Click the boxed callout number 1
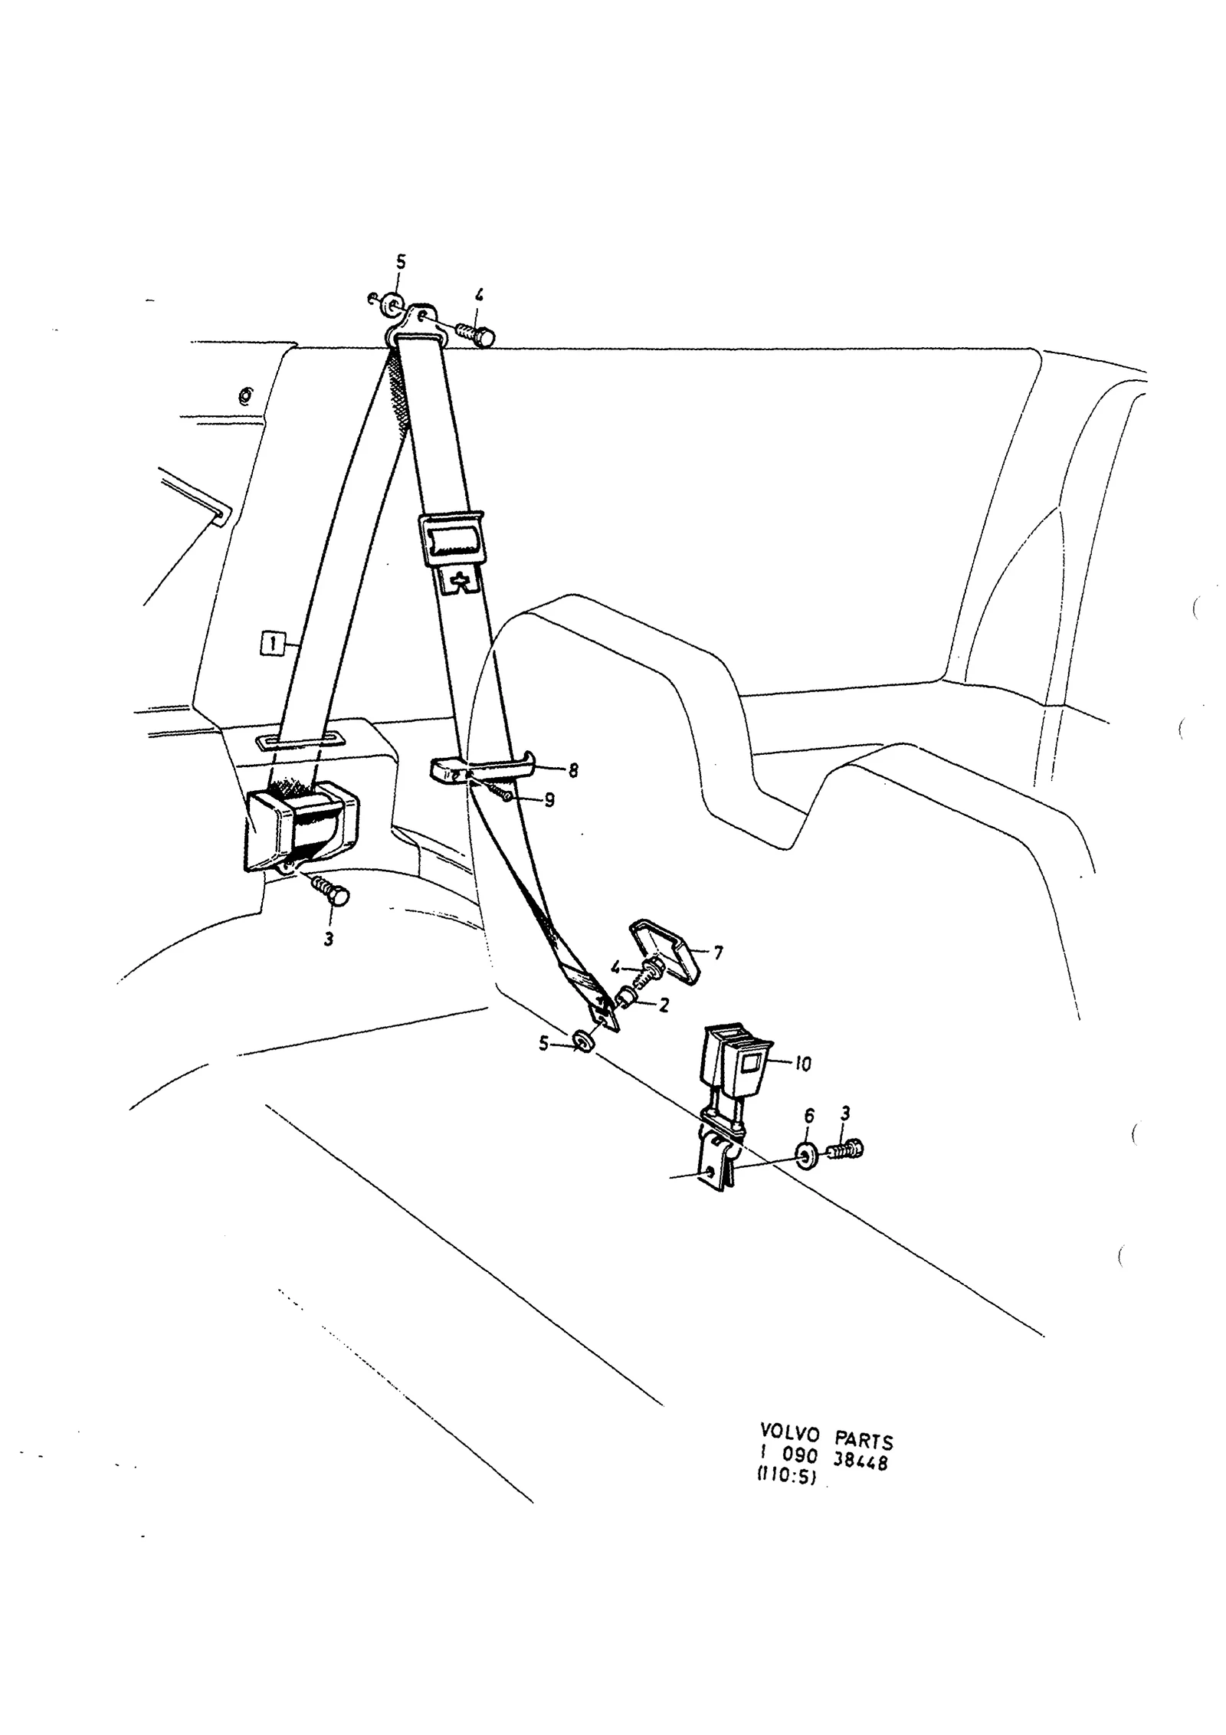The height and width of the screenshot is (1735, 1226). (270, 642)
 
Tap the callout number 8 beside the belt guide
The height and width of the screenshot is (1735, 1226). (572, 770)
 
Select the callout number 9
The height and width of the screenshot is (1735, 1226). (549, 801)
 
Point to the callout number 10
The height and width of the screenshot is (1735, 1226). (802, 1064)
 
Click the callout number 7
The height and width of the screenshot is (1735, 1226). (717, 953)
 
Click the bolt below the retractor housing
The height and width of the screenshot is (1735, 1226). (330, 892)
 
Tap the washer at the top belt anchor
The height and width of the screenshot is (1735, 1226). (392, 304)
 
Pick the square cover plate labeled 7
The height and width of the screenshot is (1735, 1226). (667, 953)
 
